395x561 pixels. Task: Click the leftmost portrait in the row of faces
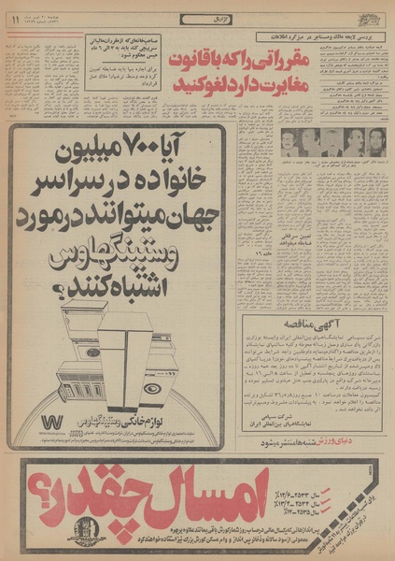(x=289, y=141)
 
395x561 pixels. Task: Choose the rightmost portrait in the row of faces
(x=371, y=141)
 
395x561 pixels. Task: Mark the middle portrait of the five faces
(x=330, y=141)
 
